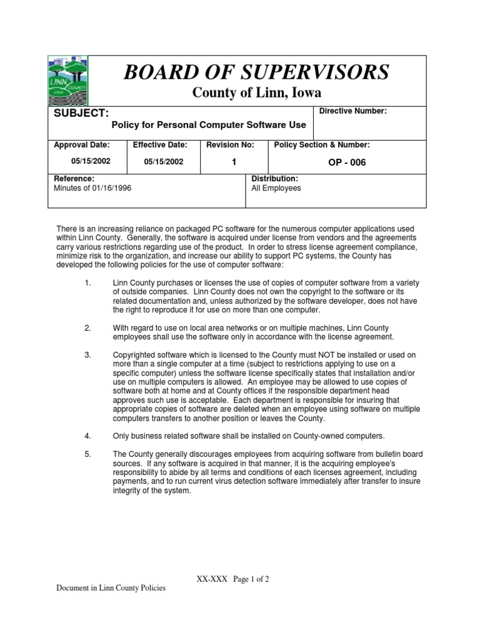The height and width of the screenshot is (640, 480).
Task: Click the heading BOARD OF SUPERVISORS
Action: [256, 72]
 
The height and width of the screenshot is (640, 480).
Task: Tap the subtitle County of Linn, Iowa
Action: [256, 93]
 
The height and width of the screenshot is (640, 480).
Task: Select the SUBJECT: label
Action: [82, 113]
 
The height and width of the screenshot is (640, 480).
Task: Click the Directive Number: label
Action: [353, 111]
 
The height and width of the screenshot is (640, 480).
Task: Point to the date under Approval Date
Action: [91, 161]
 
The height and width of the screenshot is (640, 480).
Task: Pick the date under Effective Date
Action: [164, 161]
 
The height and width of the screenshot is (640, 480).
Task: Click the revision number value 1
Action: [233, 162]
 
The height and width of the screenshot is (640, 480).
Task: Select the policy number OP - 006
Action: [347, 162]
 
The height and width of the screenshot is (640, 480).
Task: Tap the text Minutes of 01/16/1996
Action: [92, 188]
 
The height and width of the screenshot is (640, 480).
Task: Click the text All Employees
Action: [276, 188]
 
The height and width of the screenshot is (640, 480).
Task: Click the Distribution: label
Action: [274, 179]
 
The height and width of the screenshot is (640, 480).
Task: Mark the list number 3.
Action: [87, 355]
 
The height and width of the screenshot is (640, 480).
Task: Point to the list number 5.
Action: [87, 454]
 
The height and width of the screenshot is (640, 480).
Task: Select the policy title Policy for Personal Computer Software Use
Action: [208, 125]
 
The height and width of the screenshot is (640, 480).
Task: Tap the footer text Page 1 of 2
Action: [251, 579]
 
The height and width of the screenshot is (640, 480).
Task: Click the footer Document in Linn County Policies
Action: [111, 589]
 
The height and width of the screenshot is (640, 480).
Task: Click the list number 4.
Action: [87, 435]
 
